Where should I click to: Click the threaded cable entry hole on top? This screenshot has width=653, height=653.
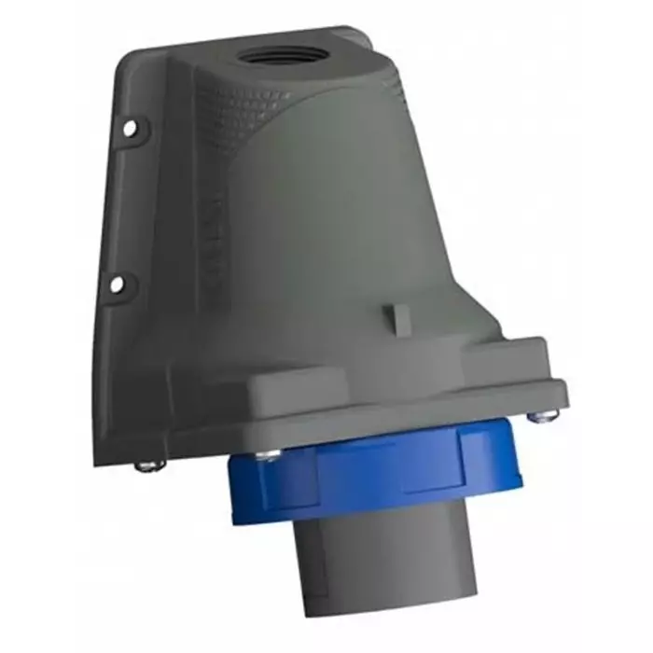point(278,55)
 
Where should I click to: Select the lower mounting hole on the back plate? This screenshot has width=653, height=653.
point(117,283)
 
